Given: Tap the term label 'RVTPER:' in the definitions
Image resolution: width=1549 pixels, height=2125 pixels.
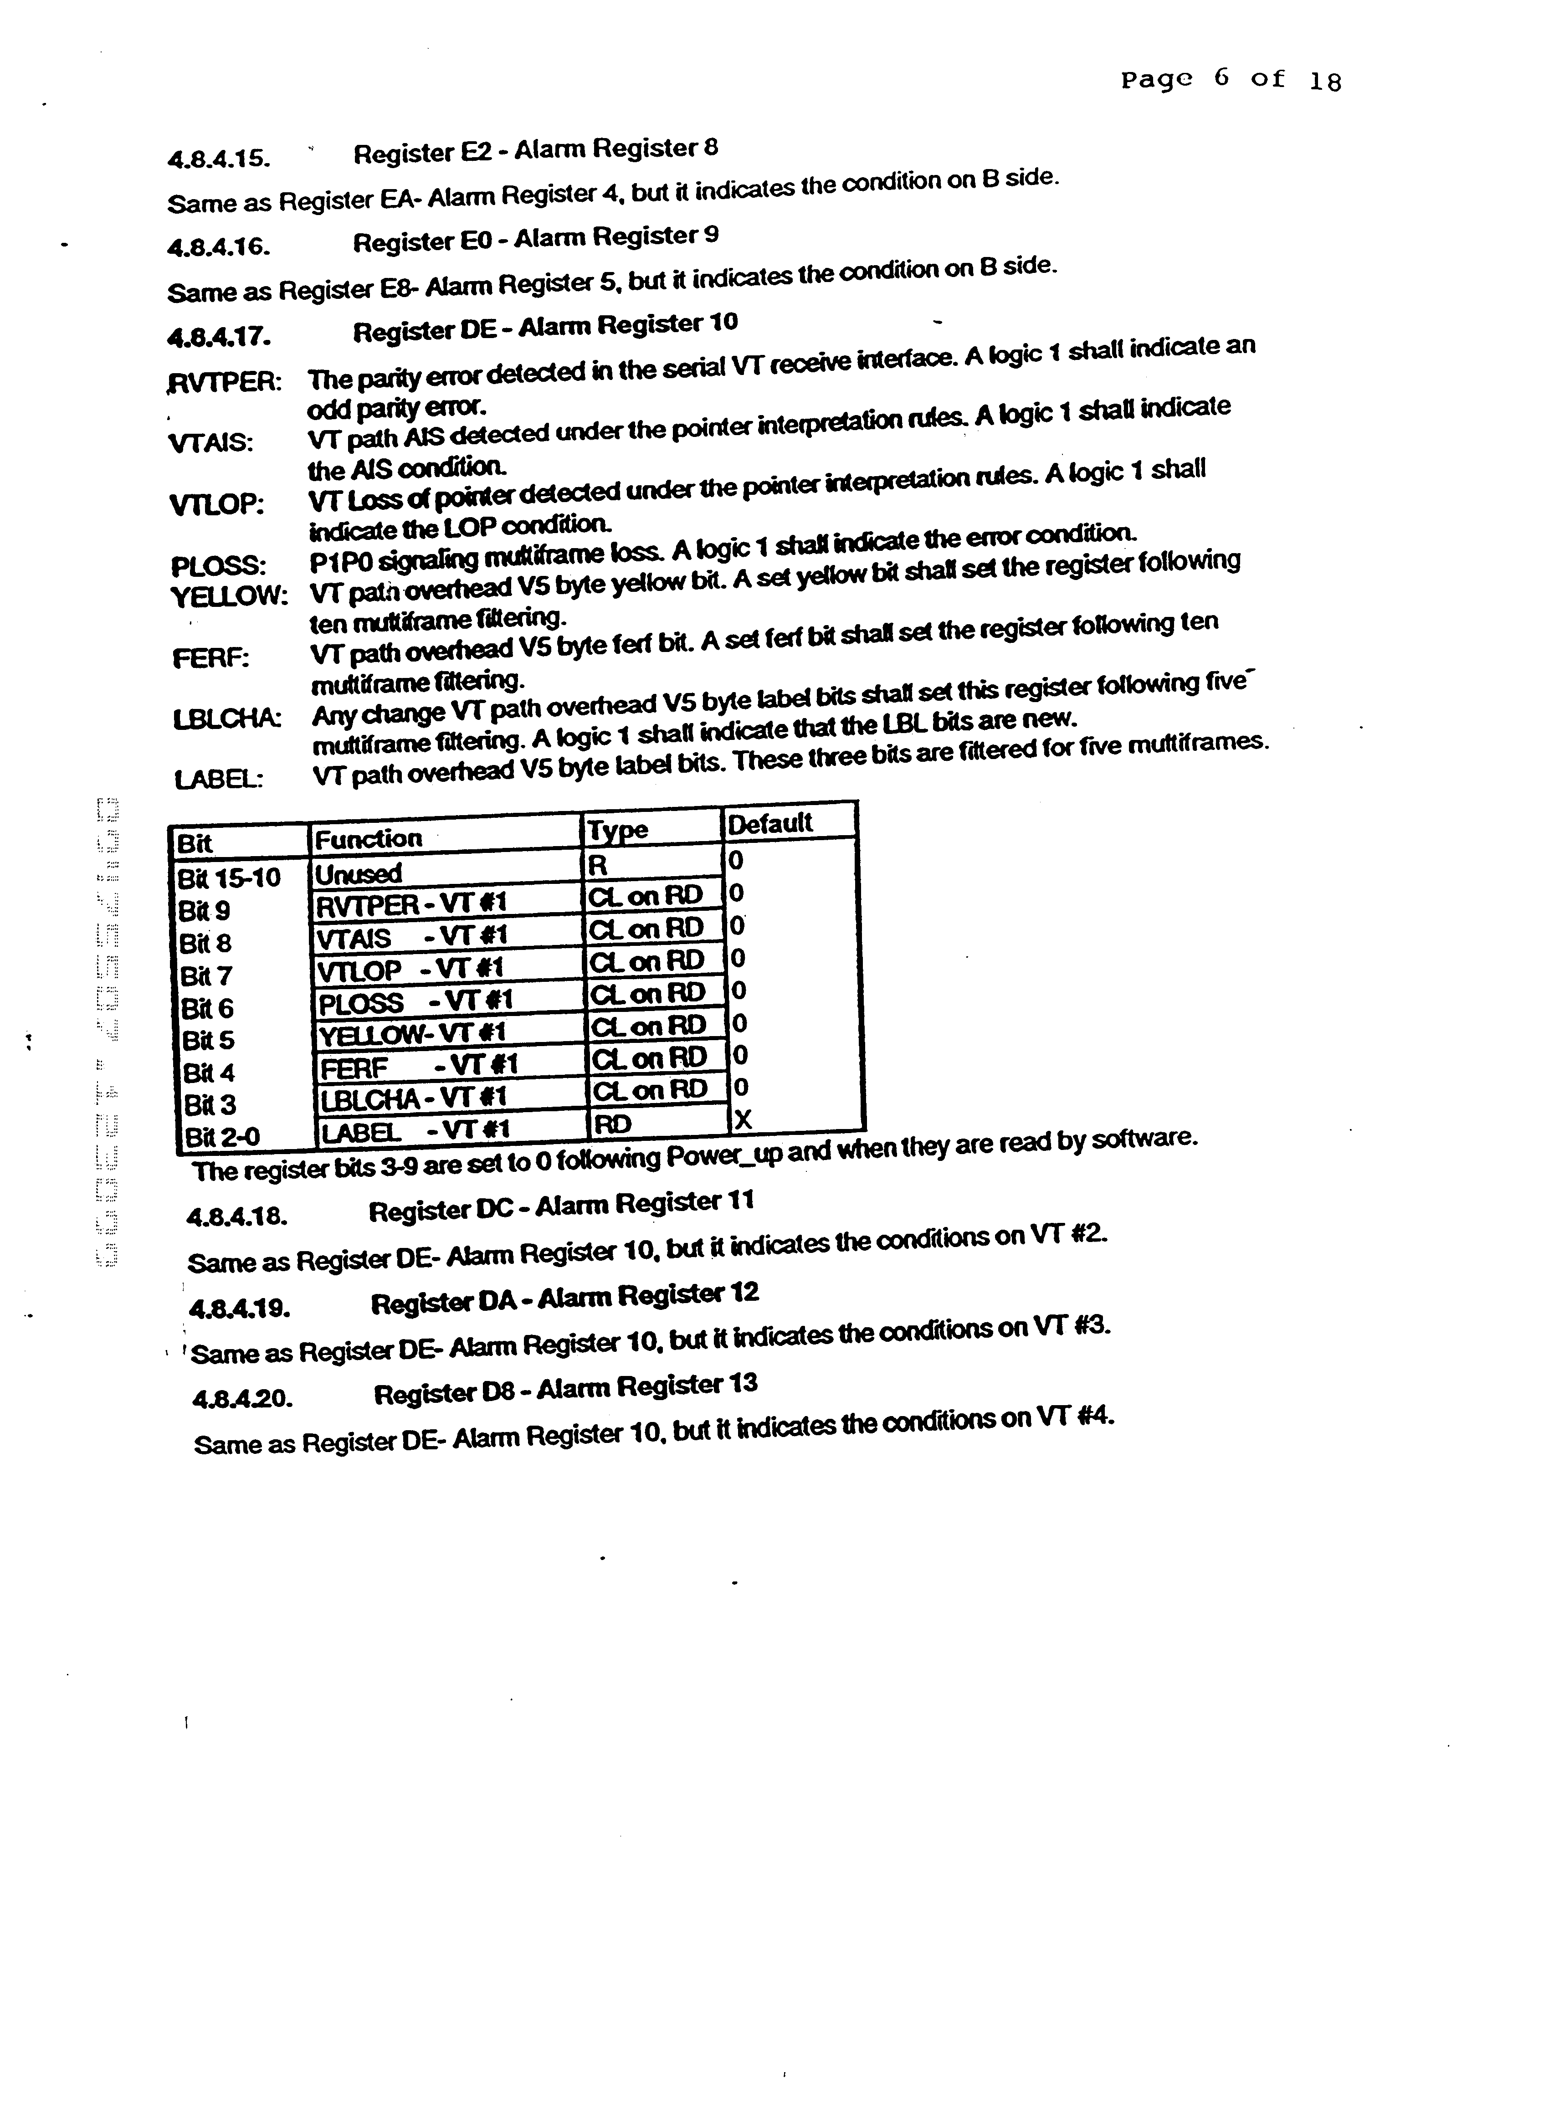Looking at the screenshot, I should coord(223,383).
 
